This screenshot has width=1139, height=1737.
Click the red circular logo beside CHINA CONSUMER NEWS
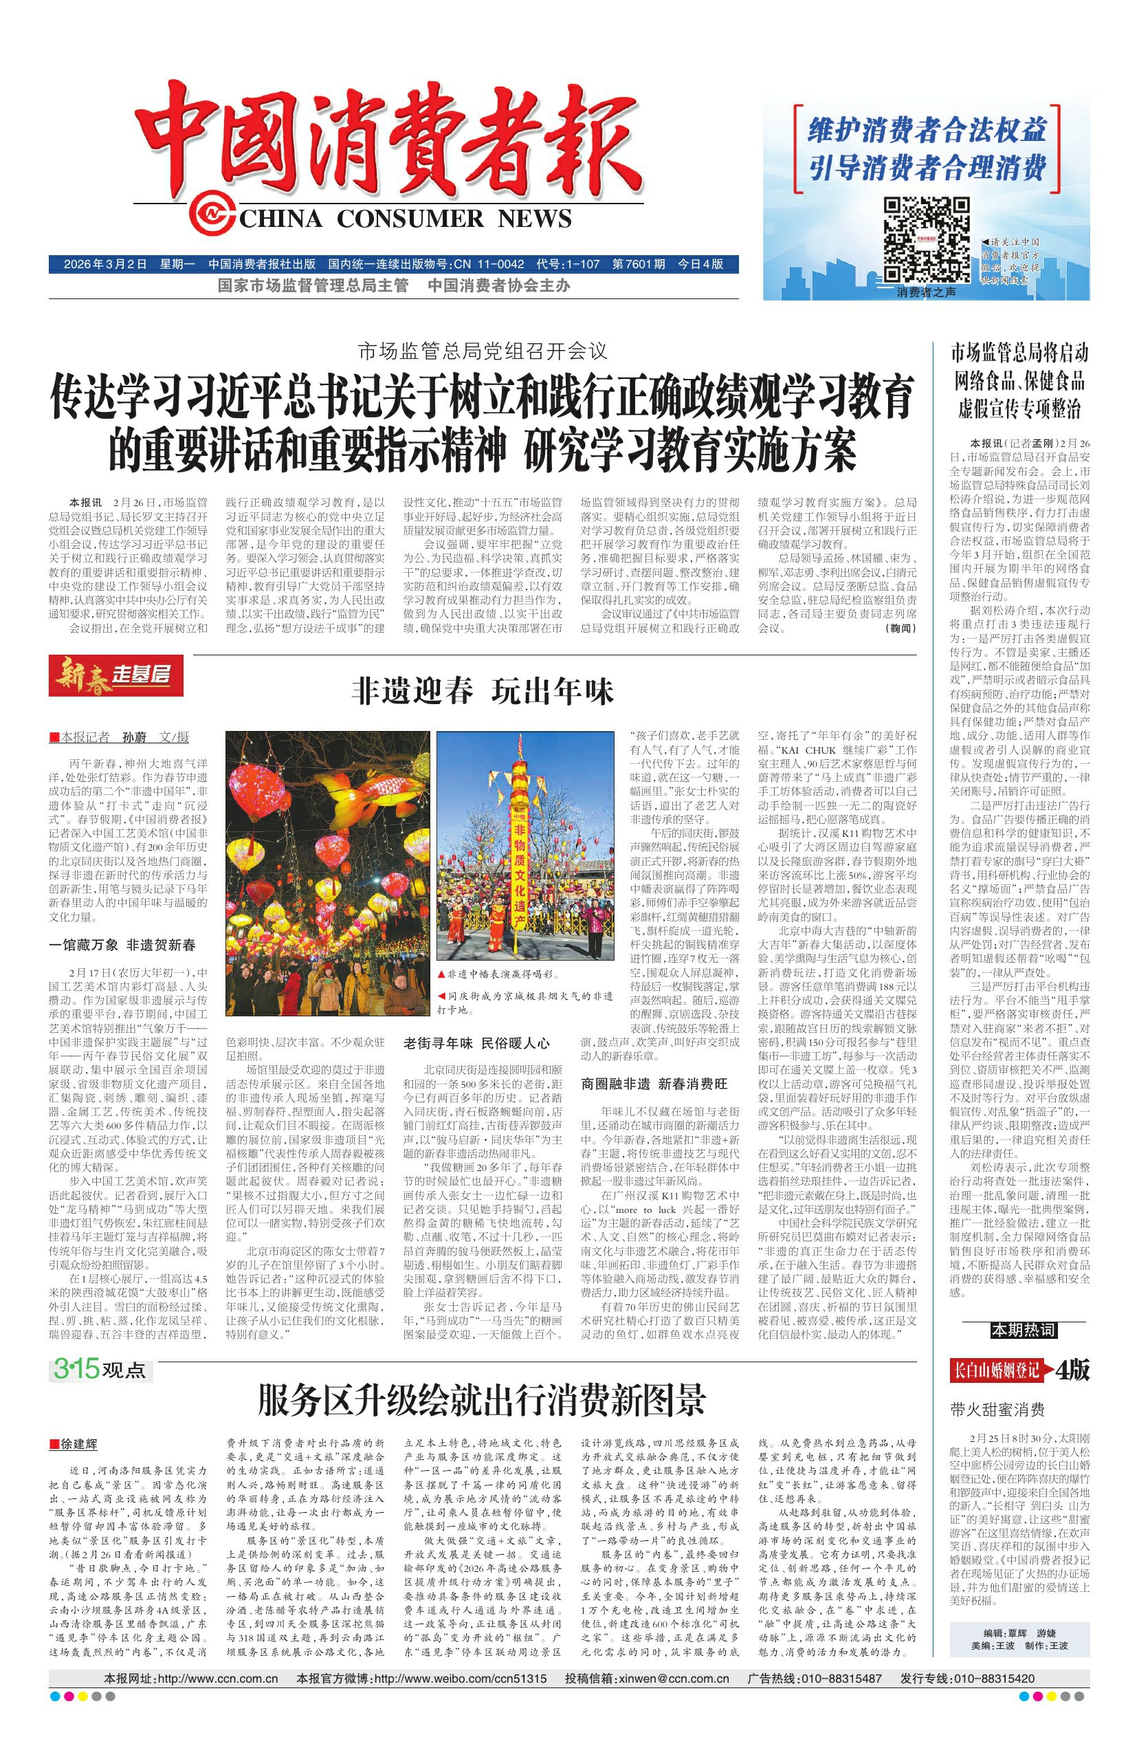[210, 215]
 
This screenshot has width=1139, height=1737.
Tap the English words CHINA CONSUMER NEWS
[406, 217]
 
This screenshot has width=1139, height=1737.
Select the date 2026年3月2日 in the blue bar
[106, 263]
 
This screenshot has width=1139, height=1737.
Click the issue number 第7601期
[639, 263]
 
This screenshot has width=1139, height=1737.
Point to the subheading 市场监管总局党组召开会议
[483, 351]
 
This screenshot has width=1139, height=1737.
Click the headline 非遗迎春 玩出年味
[483, 690]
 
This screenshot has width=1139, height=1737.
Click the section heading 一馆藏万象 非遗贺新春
[122, 945]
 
